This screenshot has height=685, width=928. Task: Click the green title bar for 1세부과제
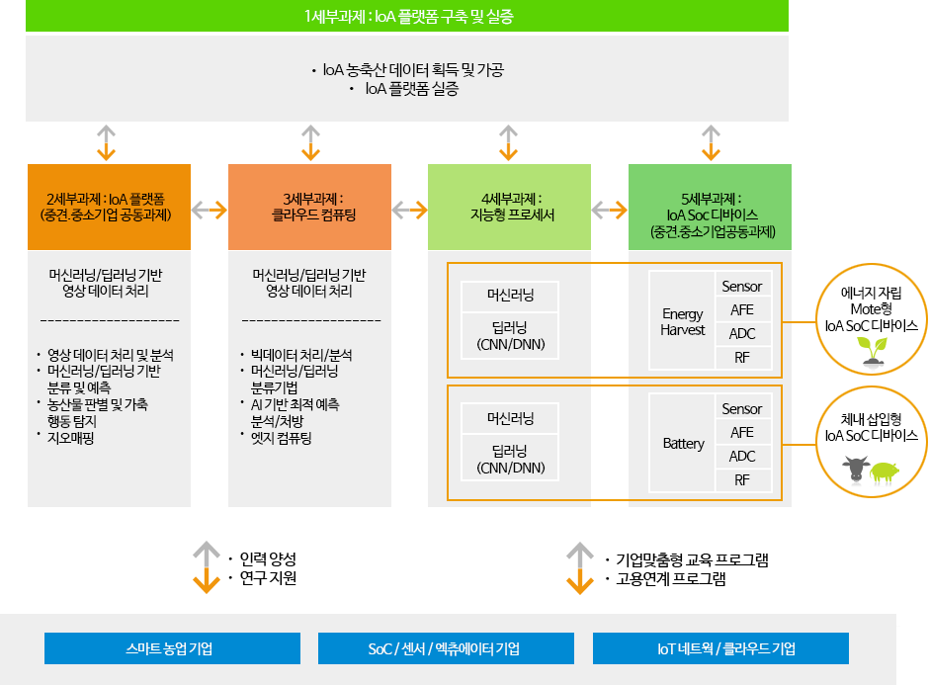(407, 16)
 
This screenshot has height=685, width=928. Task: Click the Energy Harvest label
(683, 321)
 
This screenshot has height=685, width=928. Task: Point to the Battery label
(683, 444)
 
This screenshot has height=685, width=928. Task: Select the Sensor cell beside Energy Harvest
(741, 287)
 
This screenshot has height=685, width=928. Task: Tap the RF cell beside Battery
(741, 480)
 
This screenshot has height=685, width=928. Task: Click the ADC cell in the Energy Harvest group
(741, 333)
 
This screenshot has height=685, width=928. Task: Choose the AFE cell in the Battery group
(741, 432)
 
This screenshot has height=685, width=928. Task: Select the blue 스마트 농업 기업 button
(172, 648)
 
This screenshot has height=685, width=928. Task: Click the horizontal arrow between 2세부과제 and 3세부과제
(210, 210)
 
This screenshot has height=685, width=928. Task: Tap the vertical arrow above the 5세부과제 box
(710, 142)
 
